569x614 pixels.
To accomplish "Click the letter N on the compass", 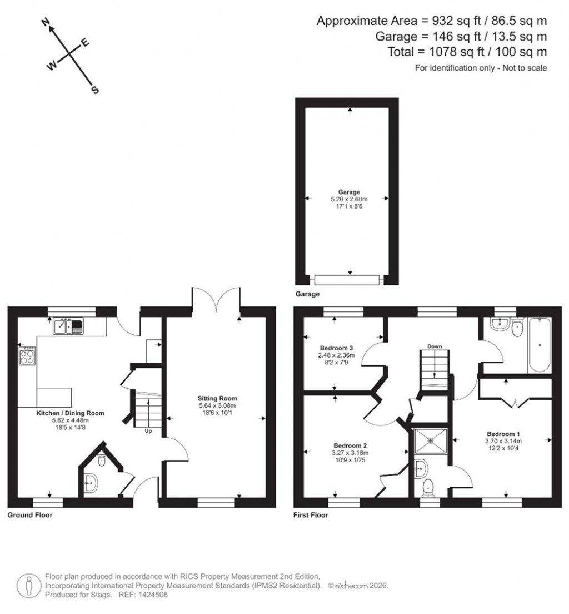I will point(47,22).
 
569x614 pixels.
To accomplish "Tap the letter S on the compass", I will point(95,90).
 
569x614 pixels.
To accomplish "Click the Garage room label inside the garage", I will point(350,192).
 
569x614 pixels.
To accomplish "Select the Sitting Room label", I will point(217,398).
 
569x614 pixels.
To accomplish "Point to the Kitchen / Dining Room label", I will point(70,413).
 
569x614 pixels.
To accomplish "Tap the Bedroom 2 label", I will point(350,445).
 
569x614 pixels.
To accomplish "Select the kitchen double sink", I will point(68,326).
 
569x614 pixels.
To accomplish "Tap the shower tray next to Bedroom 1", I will point(431,440).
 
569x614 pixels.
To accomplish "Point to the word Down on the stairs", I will point(434,346).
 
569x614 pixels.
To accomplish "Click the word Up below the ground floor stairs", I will point(148,431).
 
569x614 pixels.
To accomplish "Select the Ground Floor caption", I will point(29,515).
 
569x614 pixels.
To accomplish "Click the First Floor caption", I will point(311,515).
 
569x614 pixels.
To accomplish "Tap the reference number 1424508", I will point(152,595).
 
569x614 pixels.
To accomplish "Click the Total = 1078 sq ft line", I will point(467,52).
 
